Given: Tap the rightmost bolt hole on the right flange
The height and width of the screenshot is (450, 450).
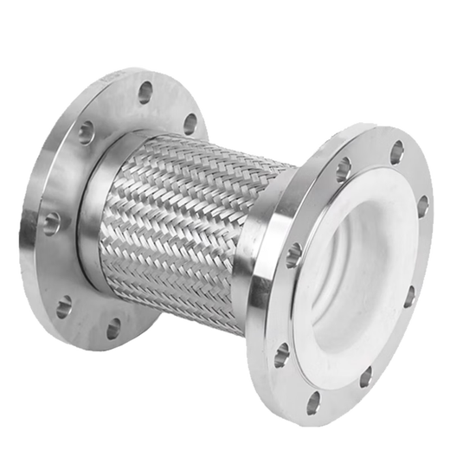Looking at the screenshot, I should click(x=423, y=206).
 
